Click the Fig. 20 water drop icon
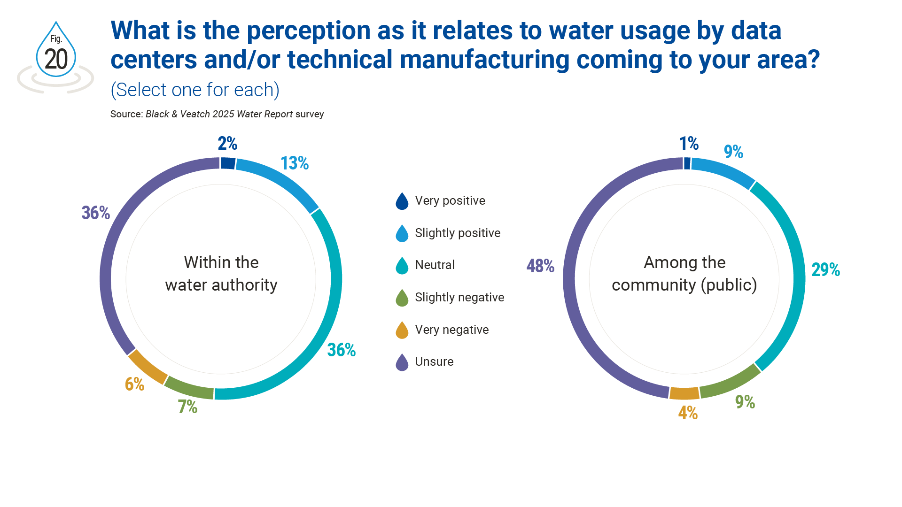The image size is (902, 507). [x=56, y=52]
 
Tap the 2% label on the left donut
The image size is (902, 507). [x=227, y=144]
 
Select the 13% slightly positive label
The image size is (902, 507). [x=295, y=163]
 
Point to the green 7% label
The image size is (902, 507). [x=187, y=407]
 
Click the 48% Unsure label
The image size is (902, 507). [x=540, y=266]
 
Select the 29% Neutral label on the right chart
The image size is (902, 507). [x=825, y=270]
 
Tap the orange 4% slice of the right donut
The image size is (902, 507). [x=684, y=393]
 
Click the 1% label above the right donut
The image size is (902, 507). [x=689, y=144]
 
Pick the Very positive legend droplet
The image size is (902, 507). [x=402, y=201]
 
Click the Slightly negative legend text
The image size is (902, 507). [x=459, y=297]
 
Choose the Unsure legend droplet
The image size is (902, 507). [x=402, y=362]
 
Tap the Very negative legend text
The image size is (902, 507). [x=451, y=330]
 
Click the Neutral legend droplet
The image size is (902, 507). [x=402, y=265]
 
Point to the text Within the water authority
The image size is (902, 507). [x=221, y=274]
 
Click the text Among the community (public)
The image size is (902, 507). [x=684, y=274]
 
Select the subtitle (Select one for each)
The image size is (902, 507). [x=195, y=90]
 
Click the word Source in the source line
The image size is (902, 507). [x=126, y=114]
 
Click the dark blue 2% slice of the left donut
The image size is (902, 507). [x=228, y=163]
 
